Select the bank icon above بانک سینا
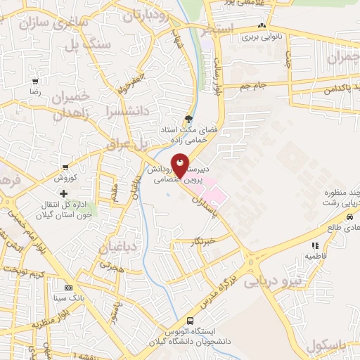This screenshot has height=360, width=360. coord(68,288)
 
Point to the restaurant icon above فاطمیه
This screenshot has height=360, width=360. coord(314,245)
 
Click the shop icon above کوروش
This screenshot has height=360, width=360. coord(65,167)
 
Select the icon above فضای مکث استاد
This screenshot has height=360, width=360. coord(188,118)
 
